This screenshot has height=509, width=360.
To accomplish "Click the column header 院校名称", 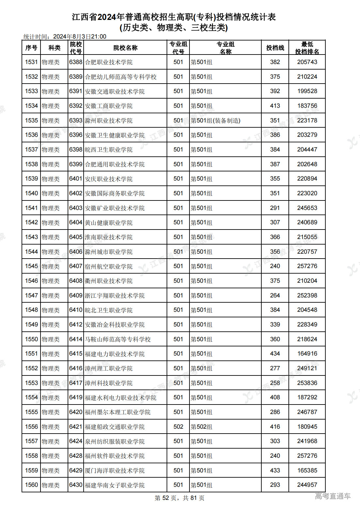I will (x=125, y=48).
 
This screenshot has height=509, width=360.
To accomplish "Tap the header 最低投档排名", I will (x=307, y=48).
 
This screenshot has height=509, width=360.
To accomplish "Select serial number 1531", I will (x=31, y=62).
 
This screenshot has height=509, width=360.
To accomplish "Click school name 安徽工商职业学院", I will (x=109, y=106).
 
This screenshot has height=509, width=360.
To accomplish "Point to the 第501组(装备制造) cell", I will (x=216, y=120).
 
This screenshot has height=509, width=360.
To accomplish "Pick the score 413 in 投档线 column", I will (x=275, y=106).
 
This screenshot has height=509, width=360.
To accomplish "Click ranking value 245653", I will (x=307, y=208).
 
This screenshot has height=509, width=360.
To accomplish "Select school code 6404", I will (x=75, y=222).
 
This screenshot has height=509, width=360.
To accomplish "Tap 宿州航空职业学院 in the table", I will (x=109, y=266).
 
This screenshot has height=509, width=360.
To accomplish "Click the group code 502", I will (x=178, y=427).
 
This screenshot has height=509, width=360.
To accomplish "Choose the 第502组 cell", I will (x=202, y=427).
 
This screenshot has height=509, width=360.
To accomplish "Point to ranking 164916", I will (x=307, y=354).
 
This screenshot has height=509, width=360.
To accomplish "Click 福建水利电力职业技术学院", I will (x=121, y=398).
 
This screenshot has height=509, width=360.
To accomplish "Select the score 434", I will (x=275, y=354).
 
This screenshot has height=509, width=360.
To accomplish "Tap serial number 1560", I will (x=31, y=485).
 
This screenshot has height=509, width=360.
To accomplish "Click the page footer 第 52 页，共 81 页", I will (x=180, y=498).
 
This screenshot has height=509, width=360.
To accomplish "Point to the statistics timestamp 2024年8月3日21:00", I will (x=80, y=37).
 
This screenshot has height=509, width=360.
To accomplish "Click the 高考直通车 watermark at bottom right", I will (x=333, y=496).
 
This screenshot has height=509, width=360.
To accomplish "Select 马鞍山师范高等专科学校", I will (x=118, y=339).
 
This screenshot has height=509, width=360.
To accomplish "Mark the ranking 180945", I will (x=307, y=427).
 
